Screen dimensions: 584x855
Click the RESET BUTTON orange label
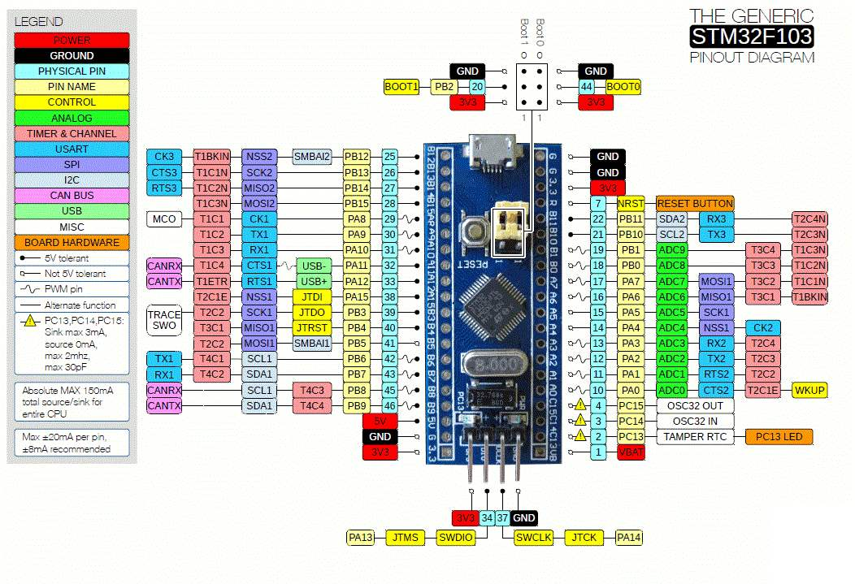pyautogui.click(x=695, y=203)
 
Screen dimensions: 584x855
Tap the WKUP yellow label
pyautogui.click(x=809, y=390)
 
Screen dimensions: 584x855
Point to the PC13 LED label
pyautogui.click(x=779, y=437)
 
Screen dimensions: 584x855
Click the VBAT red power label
pyautogui.click(x=631, y=452)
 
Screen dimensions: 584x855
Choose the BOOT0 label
pyautogui.click(x=623, y=86)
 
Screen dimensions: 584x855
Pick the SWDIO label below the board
pyautogui.click(x=455, y=537)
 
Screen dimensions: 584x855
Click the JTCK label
pyautogui.click(x=584, y=537)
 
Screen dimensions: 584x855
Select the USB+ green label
pyautogui.click(x=313, y=281)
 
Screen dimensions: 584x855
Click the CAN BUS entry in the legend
pyautogui.click(x=72, y=196)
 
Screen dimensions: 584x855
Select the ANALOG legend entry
pyautogui.click(x=72, y=118)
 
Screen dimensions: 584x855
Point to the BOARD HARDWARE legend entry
pyautogui.click(x=72, y=242)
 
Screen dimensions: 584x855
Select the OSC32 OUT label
pyautogui.click(x=695, y=405)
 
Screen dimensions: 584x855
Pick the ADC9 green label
pyautogui.click(x=672, y=250)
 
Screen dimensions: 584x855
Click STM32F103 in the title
pyautogui.click(x=751, y=37)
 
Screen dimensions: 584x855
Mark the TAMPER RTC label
pyautogui.click(x=695, y=437)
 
